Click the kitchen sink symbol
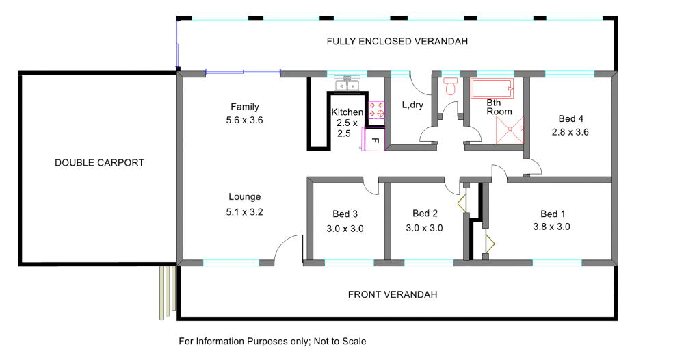point(347,84)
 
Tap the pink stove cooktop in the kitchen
point(376,110)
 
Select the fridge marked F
point(373,140)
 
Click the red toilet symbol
point(450,86)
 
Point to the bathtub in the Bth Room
point(492,88)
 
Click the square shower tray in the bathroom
point(510,129)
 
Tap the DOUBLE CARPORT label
point(99,163)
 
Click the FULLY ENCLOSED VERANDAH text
point(397,42)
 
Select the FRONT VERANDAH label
point(393,294)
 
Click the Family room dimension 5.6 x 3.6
point(244,120)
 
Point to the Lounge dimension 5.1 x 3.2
point(244,212)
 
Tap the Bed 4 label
point(570,118)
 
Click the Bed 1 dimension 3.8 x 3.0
point(551,227)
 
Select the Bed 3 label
point(345,214)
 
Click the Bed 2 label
point(425,214)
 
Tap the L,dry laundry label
point(412,105)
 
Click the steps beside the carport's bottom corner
point(168,292)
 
